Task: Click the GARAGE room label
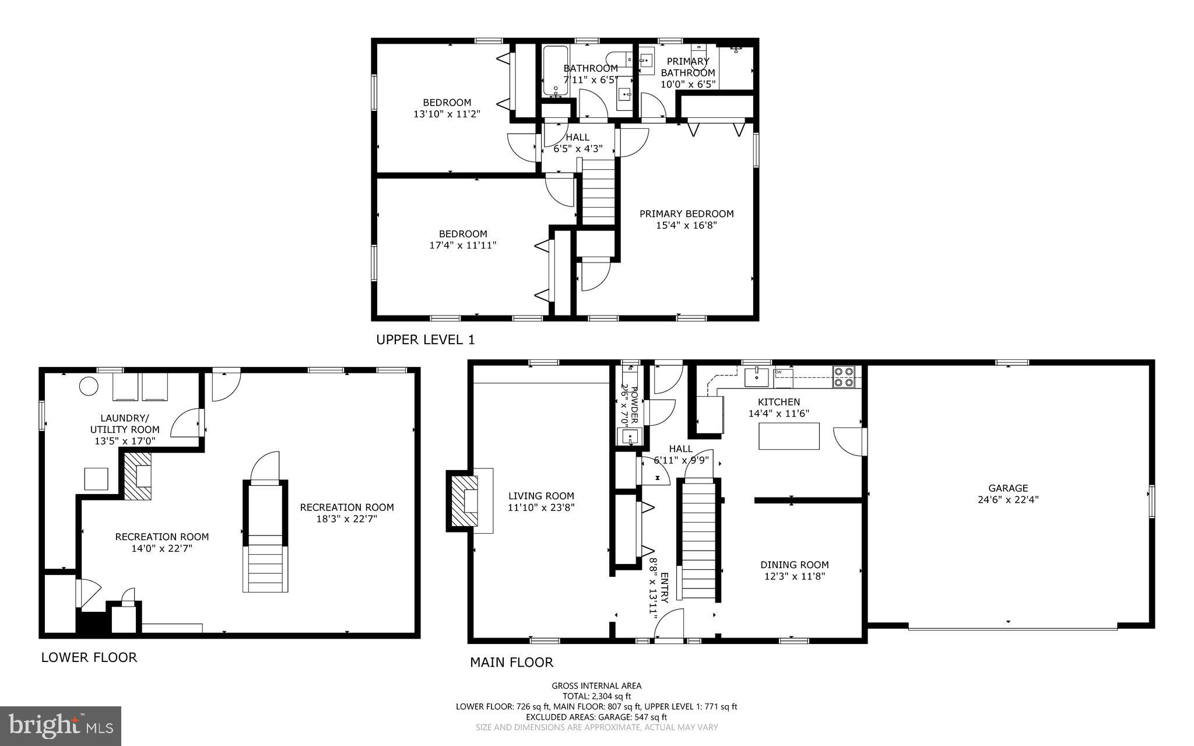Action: click(x=1008, y=488)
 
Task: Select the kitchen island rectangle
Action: click(x=788, y=436)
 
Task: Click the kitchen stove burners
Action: click(x=844, y=377)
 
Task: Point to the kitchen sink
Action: click(x=757, y=377)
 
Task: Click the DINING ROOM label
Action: click(x=794, y=565)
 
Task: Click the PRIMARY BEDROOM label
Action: click(x=686, y=213)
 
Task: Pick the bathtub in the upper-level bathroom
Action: click(x=555, y=71)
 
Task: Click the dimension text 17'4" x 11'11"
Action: click(x=463, y=246)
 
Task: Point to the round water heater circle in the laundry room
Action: click(x=89, y=386)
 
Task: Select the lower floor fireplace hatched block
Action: click(x=138, y=475)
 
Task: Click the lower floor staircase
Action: click(x=265, y=537)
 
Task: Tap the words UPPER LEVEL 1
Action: click(x=426, y=339)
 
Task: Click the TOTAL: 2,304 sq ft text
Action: click(x=596, y=696)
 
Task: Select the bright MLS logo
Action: click(x=61, y=726)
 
